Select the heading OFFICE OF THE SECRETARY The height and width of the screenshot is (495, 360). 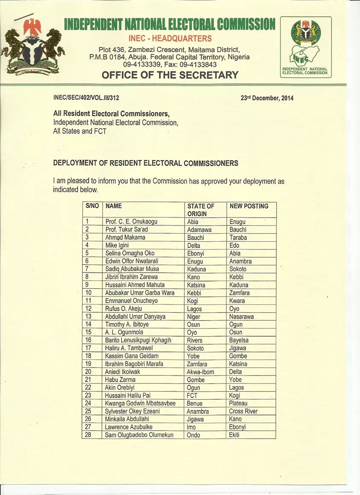170,75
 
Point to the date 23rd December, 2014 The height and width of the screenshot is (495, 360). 267,98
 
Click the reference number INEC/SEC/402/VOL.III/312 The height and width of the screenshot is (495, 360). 86,97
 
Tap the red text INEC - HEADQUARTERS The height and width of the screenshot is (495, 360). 170,38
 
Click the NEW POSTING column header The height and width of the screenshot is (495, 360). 249,206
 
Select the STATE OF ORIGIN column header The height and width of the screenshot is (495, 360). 200,209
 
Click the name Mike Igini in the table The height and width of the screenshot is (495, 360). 117,245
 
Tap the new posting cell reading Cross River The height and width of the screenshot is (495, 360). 243,411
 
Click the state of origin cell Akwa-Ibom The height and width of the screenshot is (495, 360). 201,372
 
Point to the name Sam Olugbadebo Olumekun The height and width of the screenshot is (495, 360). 139,435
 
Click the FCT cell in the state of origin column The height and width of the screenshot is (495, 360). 193,395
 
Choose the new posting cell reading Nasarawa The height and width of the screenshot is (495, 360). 241,316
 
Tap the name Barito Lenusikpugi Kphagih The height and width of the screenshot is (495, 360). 138,340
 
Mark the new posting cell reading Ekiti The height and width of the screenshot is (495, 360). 234,435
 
